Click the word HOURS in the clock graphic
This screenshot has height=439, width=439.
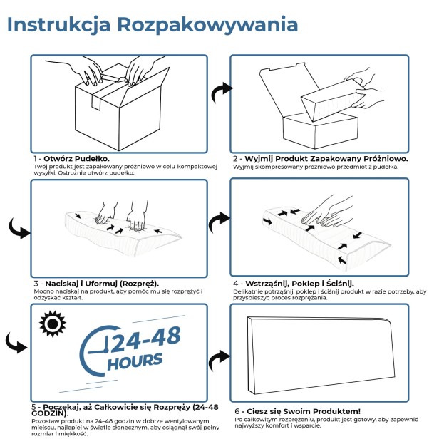[135, 360]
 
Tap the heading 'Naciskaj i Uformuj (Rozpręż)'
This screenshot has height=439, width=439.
[100, 283]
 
